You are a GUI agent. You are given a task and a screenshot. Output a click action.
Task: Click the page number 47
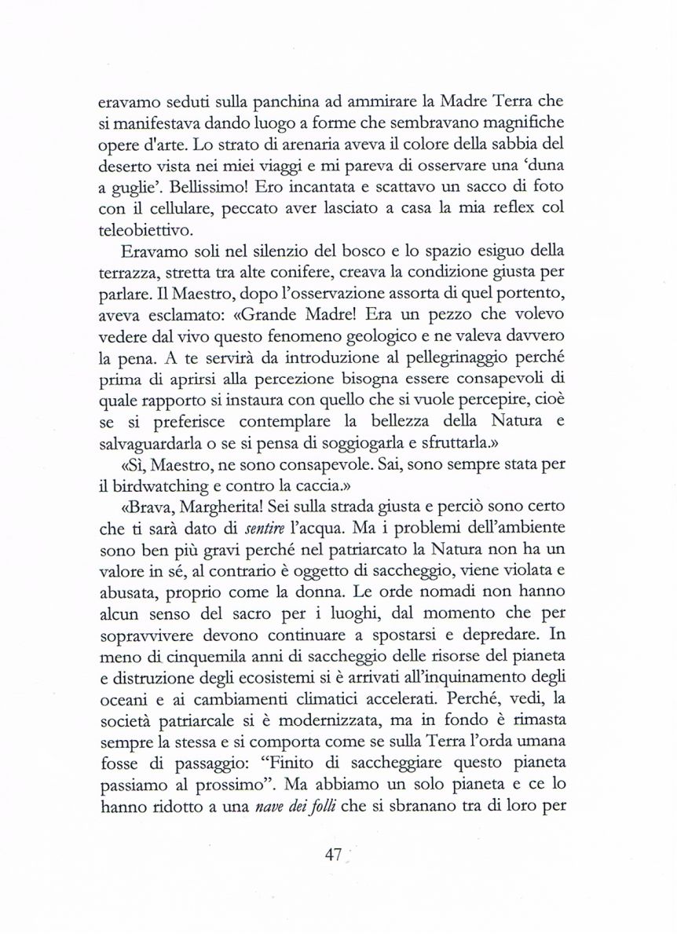(334, 856)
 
